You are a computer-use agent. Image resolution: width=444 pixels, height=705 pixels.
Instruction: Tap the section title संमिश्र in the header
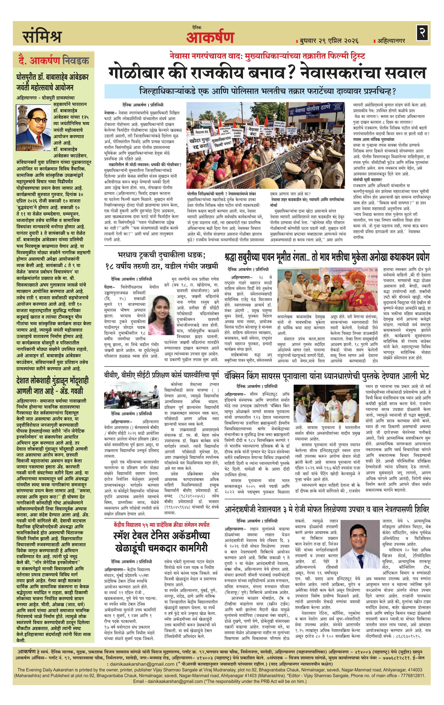42,37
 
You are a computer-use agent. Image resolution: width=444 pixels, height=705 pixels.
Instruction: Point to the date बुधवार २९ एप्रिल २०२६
329,40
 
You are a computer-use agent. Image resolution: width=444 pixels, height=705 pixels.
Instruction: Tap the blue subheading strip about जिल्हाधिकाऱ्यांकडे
267,91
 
